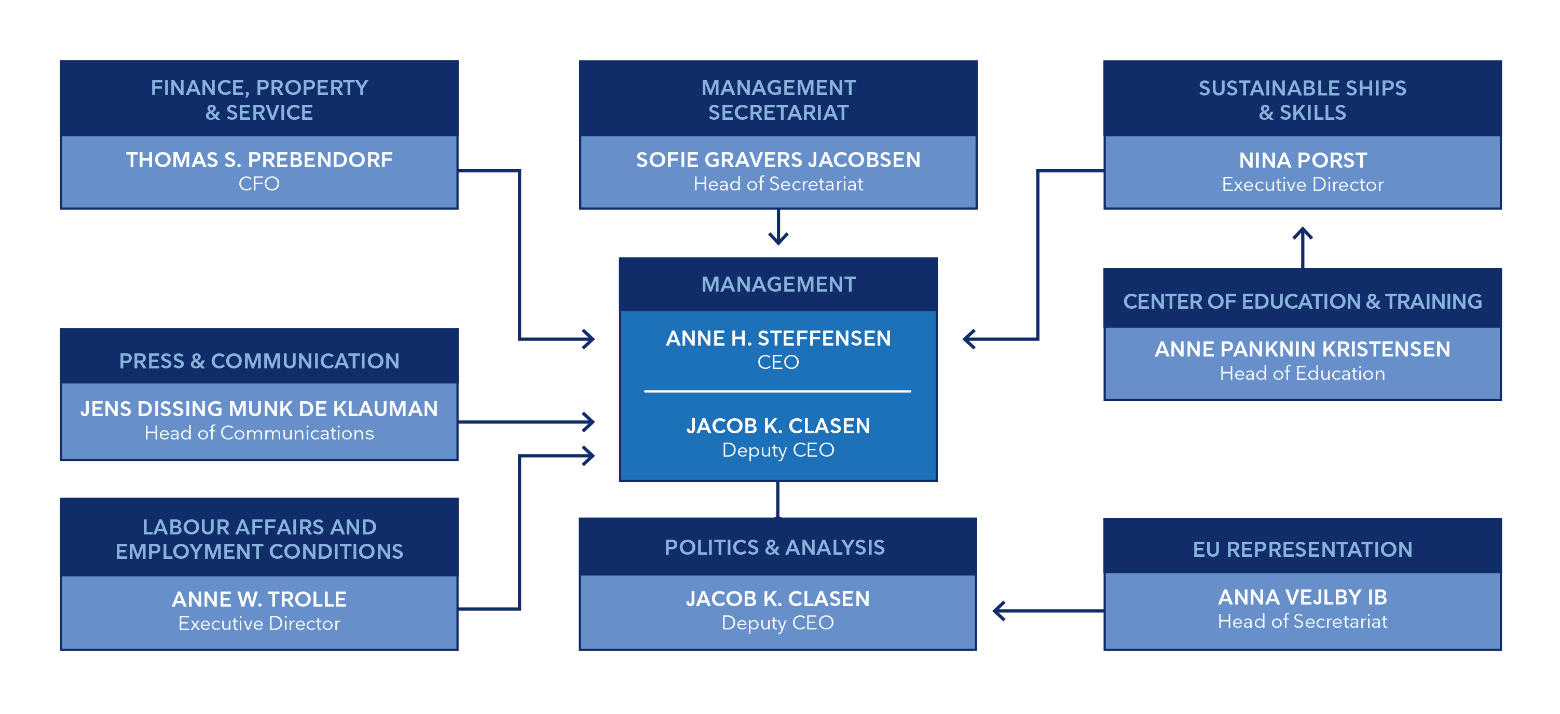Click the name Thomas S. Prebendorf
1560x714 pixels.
point(259,160)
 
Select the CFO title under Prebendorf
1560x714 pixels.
point(259,184)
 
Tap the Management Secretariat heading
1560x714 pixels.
point(778,100)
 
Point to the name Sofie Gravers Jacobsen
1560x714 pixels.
point(778,160)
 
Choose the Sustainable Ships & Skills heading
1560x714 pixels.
point(1302,100)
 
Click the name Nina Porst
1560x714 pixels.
point(1303,160)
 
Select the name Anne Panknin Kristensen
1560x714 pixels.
point(1302,349)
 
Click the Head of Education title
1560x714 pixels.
point(1302,374)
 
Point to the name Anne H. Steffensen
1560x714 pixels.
point(778,338)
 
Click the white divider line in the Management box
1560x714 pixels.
point(777,391)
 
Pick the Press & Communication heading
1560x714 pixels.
point(259,361)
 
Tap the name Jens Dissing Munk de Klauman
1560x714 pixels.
point(259,409)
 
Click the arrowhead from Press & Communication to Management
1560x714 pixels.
point(589,422)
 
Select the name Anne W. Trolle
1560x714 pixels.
point(259,599)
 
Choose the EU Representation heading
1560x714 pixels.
point(1302,550)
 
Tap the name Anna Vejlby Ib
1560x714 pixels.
point(1302,598)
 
